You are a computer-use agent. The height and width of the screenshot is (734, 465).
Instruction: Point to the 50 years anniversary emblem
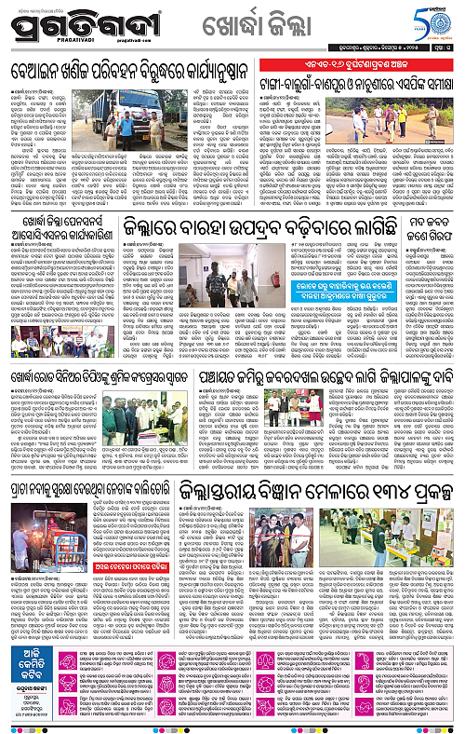tap(441, 21)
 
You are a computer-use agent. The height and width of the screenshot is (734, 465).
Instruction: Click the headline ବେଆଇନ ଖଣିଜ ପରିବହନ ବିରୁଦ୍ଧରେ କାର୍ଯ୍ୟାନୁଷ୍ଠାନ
tap(134, 71)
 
